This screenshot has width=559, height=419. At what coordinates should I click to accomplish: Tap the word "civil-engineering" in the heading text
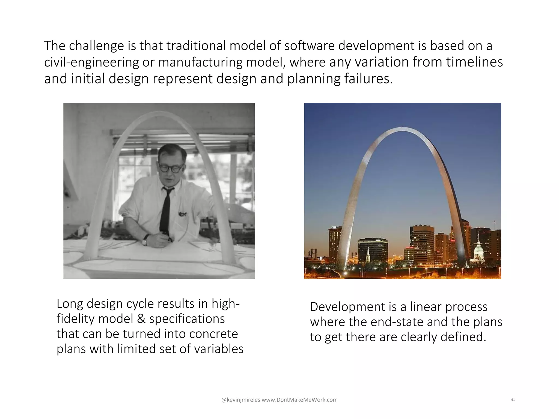tap(91, 62)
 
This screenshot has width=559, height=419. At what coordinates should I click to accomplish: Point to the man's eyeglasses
tap(171, 168)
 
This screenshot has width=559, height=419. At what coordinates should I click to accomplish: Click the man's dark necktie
tap(165, 210)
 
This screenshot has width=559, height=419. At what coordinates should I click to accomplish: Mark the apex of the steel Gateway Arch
tap(401, 129)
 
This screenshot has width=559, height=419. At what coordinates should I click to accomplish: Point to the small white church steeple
tap(368, 254)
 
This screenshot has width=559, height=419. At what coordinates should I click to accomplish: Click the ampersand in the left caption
tap(141, 319)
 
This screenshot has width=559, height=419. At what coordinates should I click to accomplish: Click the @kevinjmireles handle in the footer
tap(240, 400)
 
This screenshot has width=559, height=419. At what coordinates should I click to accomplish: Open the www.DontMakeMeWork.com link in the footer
tap(300, 400)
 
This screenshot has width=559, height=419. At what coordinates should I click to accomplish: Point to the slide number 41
tap(513, 400)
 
